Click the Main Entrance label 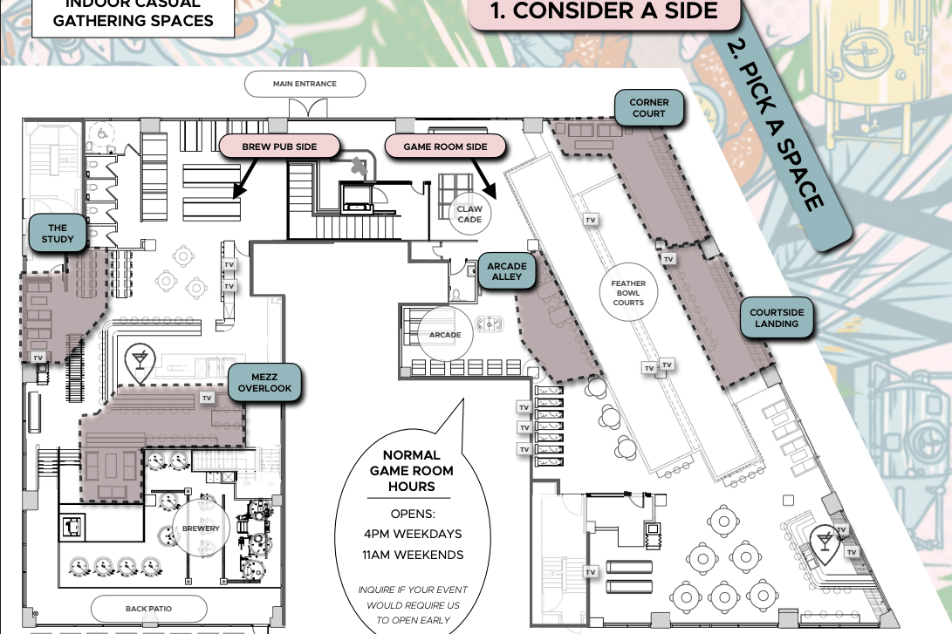(305, 84)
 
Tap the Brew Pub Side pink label (279, 147)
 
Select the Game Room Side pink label (445, 147)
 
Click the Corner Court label (648, 108)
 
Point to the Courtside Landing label (777, 318)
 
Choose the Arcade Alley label (507, 271)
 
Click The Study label (58, 234)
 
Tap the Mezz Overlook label (264, 383)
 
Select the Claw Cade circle (469, 215)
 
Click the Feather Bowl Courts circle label (628, 292)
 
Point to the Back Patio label (148, 609)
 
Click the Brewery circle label (201, 528)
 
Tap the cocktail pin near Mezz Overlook (140, 362)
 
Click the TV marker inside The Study (38, 358)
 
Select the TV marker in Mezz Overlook (207, 398)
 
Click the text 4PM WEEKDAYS (413, 534)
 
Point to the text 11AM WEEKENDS (413, 555)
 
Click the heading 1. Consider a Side (604, 11)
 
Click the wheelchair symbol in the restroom (103, 133)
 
